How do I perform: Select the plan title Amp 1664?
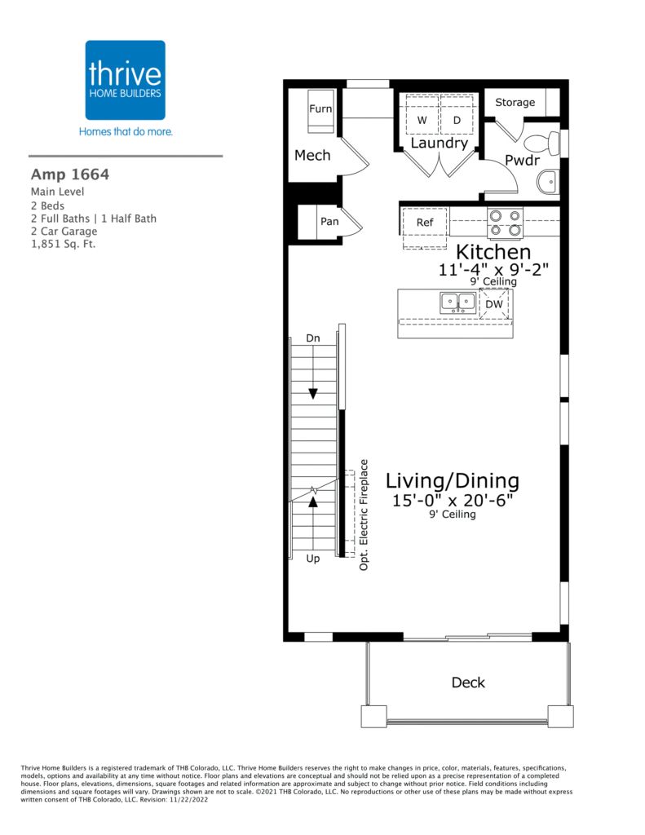[x=70, y=175]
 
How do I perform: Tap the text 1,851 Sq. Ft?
[x=63, y=245]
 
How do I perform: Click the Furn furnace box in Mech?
[x=320, y=111]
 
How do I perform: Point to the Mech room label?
[x=312, y=156]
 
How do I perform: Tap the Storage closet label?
[x=515, y=102]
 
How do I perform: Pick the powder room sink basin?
[x=548, y=183]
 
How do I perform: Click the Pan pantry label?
[x=329, y=221]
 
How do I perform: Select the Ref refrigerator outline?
[x=425, y=228]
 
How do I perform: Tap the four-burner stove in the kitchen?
[x=505, y=223]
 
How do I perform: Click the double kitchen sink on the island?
[x=458, y=303]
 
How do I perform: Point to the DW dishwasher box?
[x=494, y=304]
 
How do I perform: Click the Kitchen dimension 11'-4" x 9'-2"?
[x=493, y=269]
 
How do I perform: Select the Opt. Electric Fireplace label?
[x=364, y=515]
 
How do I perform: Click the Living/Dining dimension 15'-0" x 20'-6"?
[x=453, y=501]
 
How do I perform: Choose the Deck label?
[x=468, y=683]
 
